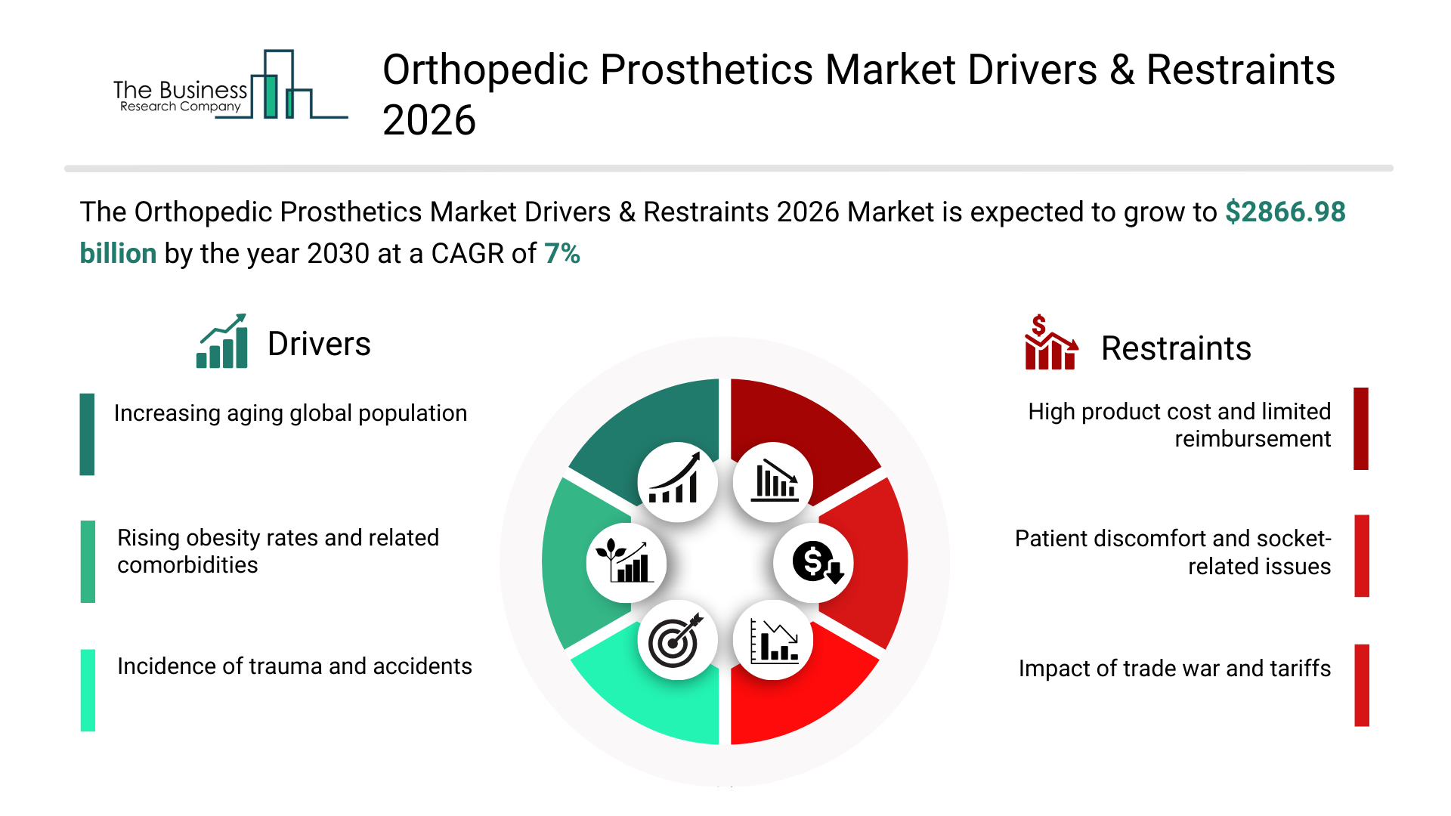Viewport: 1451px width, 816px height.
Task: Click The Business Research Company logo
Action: tap(230, 85)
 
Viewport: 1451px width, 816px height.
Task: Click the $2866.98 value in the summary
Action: tap(1285, 212)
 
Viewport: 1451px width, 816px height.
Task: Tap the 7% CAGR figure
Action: tap(562, 254)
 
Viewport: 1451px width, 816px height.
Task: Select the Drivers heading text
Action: tap(319, 345)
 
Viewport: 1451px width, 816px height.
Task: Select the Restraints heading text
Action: tap(1176, 348)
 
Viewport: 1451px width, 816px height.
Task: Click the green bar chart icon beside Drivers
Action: tap(222, 342)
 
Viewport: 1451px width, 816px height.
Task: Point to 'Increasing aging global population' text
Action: tap(290, 413)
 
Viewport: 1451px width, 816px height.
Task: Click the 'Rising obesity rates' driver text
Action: tap(278, 552)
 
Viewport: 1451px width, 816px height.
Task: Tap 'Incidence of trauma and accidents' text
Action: tap(295, 666)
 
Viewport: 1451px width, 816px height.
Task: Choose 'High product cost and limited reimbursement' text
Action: tap(1180, 425)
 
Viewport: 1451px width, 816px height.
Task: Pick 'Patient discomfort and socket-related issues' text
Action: tap(1173, 552)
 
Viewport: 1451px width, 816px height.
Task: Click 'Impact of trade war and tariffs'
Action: tap(1174, 669)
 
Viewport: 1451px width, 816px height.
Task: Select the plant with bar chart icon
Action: tap(624, 561)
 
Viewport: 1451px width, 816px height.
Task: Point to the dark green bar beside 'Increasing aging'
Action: tap(87, 434)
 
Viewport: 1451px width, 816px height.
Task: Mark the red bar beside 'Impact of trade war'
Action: tap(1362, 685)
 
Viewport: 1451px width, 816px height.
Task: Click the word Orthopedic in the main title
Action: tap(485, 70)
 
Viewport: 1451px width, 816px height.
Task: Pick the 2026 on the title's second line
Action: tap(429, 121)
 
